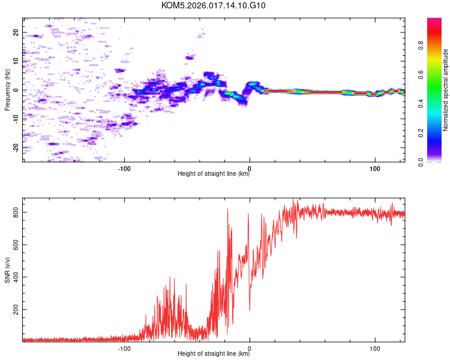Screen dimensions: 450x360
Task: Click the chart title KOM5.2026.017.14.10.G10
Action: coord(213,5)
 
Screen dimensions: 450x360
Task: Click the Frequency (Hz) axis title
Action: coord(7,90)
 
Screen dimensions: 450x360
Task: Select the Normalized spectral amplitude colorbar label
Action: coord(445,90)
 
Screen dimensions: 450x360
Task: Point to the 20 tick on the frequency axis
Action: coord(16,32)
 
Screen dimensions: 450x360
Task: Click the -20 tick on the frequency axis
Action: coord(16,148)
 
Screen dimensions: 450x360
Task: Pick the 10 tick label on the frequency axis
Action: coord(16,61)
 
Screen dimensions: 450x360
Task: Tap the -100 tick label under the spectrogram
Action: coord(124,169)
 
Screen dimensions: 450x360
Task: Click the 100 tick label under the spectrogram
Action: coord(375,169)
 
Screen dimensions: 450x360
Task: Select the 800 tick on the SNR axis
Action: coord(16,212)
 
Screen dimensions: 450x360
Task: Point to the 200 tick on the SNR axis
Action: coord(16,310)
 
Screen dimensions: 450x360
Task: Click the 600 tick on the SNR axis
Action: coord(16,245)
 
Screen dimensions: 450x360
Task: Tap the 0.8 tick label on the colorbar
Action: coord(421,46)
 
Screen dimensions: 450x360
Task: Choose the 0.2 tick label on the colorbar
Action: coord(421,133)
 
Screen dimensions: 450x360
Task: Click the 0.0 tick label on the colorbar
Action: coord(421,162)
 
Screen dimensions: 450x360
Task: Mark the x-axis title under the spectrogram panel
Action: coord(214,173)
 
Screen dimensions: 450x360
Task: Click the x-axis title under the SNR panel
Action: coord(214,353)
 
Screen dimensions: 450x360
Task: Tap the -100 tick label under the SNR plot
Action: coord(124,349)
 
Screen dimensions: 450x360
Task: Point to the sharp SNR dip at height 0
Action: coord(250,310)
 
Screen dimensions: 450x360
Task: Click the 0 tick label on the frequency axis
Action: coord(16,90)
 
